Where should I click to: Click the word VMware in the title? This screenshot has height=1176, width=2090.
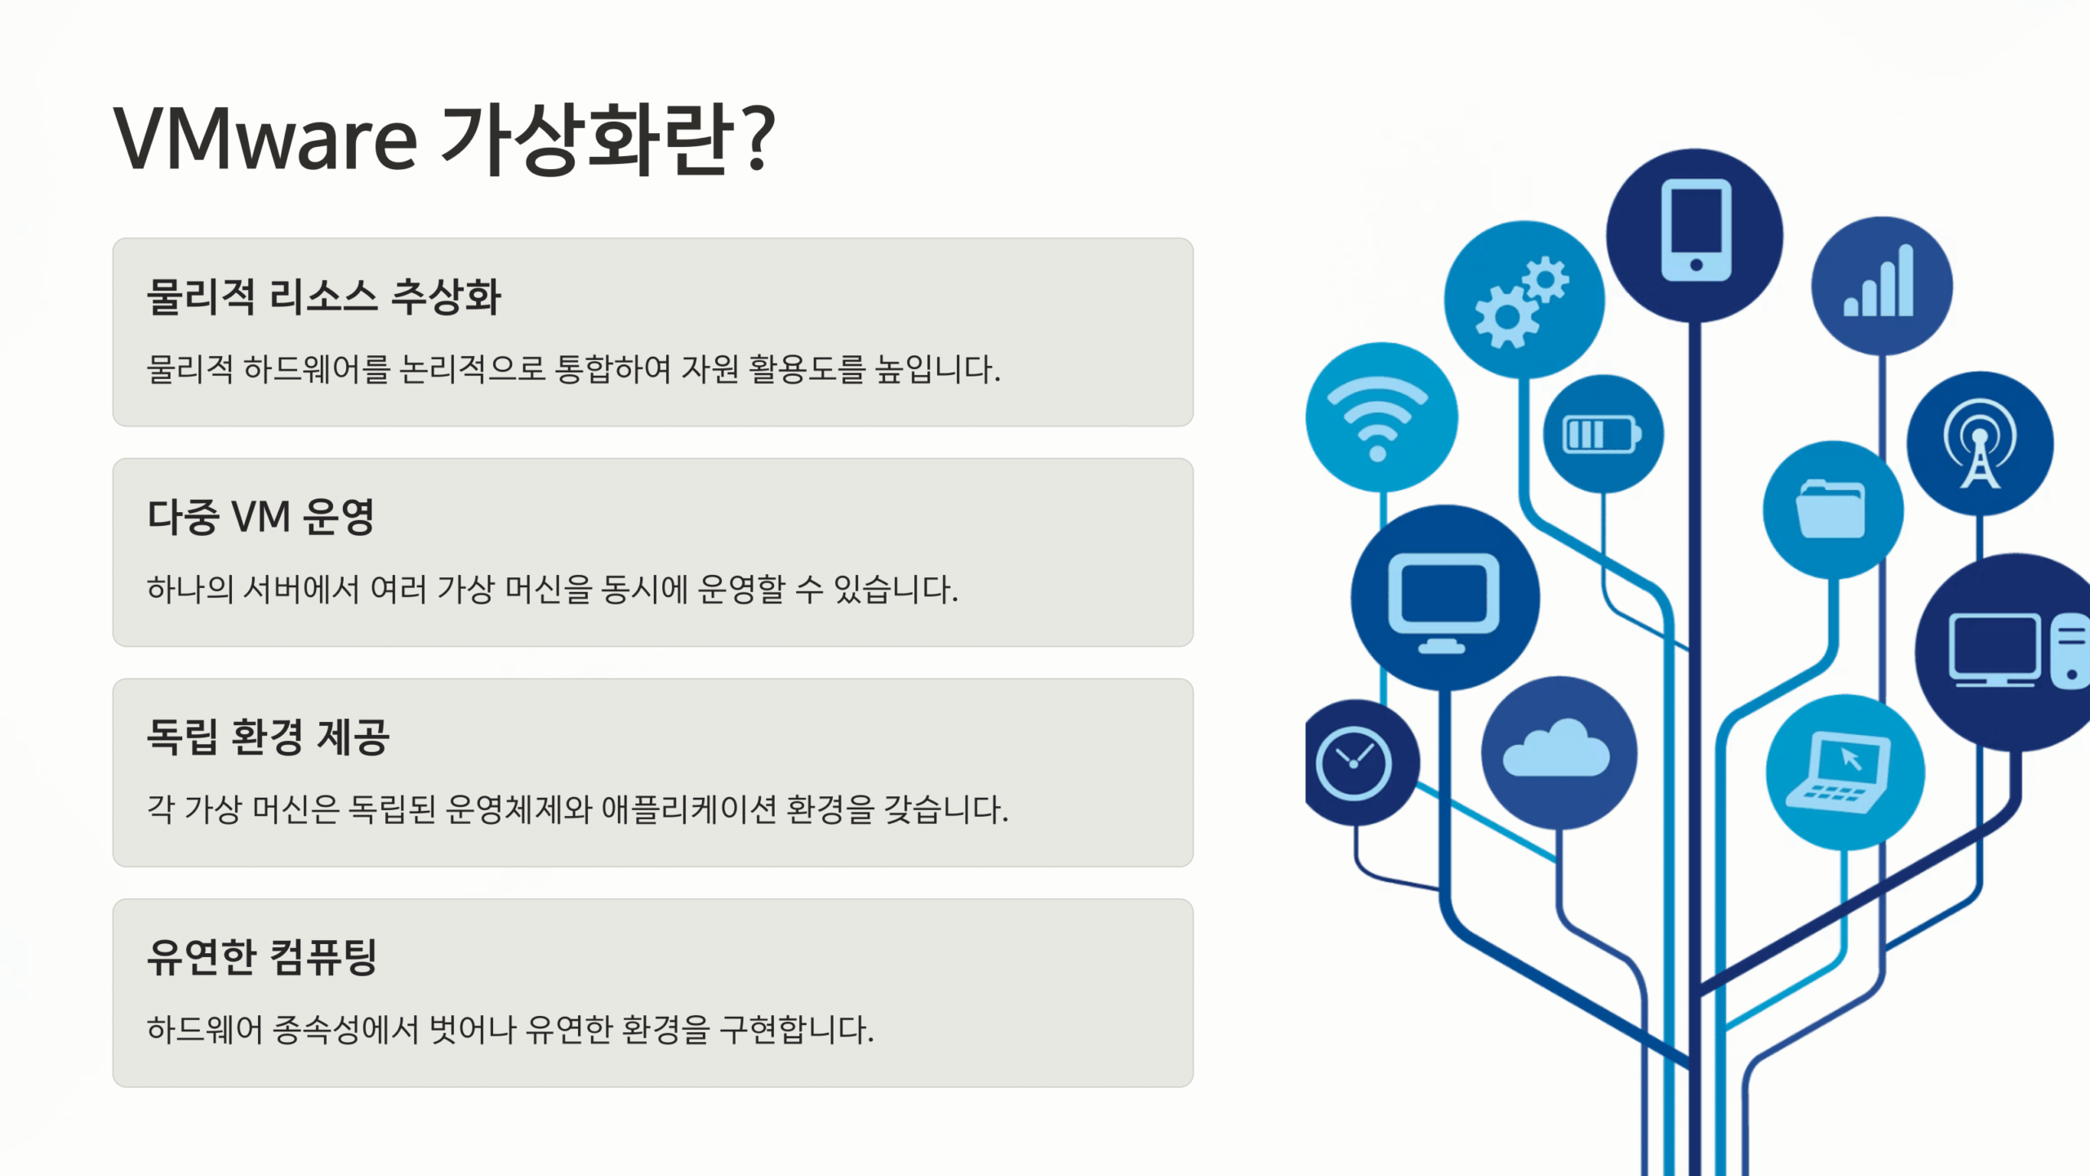coord(265,139)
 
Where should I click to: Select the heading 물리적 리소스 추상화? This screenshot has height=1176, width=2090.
coord(323,296)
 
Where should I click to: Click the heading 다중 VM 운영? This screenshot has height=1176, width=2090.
coord(260,516)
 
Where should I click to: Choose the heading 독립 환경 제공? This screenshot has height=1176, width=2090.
coord(268,737)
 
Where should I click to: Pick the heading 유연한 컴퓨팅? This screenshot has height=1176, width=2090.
coord(261,956)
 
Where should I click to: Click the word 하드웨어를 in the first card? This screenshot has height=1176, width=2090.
coord(317,369)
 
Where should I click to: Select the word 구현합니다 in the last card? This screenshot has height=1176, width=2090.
coord(797,1029)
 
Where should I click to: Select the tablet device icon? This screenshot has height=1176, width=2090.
coord(1696,230)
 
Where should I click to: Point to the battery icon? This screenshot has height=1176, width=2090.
coord(1602,434)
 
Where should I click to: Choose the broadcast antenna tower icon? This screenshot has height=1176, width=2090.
coord(1980,443)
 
